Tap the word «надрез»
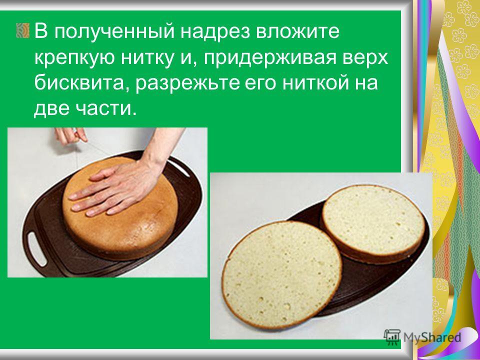pyautogui.click(x=216, y=32)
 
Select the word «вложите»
pyautogui.click(x=298, y=32)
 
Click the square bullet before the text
pyautogui.click(x=22, y=30)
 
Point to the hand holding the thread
pyautogui.click(x=71, y=135)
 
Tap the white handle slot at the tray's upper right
pyautogui.click(x=179, y=168)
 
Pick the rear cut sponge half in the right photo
pyautogui.click(x=373, y=223)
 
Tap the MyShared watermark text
pyautogui.click(x=432, y=337)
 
